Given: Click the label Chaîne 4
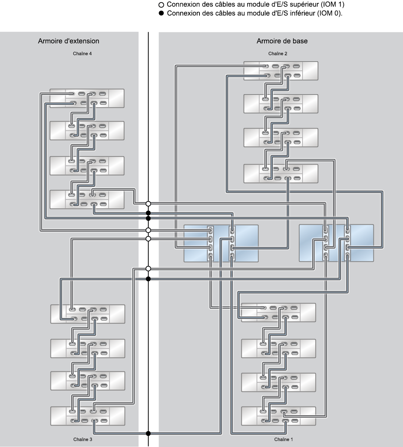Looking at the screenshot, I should (82, 54).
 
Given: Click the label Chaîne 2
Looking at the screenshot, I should (278, 54).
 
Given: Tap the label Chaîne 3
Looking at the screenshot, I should (83, 439).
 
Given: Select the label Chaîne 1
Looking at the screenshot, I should (283, 439).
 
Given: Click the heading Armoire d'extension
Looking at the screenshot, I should (69, 41).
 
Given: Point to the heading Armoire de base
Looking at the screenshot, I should (282, 41).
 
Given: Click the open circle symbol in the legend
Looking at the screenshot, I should (161, 5).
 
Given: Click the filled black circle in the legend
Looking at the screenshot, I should (161, 13).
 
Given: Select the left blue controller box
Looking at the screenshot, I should (221, 243).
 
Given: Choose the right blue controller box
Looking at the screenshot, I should (336, 243).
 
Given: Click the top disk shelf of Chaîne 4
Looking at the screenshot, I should (87, 99).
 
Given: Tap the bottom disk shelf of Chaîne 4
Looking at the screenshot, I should (87, 199).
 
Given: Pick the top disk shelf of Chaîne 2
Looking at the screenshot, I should (281, 71).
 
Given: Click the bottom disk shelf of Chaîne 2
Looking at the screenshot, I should (281, 173).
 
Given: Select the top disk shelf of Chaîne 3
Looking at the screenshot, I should (88, 314).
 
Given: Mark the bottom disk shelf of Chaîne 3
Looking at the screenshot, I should (88, 416).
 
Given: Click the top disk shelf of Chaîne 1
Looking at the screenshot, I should (278, 312).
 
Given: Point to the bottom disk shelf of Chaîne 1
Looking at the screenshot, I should (278, 416).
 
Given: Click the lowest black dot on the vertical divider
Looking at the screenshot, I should (148, 433).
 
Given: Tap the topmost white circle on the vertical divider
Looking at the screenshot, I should (148, 203).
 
